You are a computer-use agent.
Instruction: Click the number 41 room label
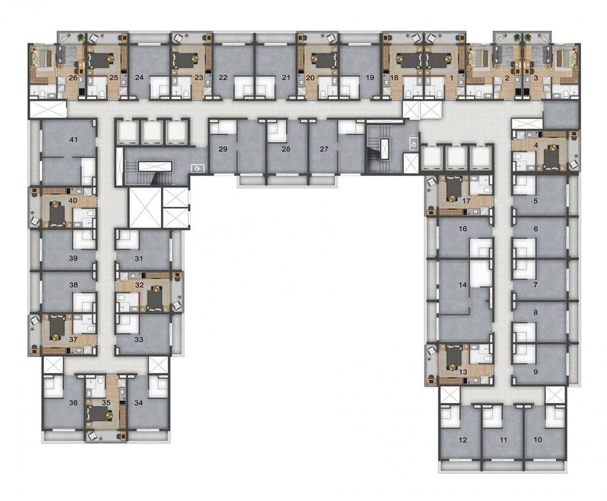click(x=73, y=140)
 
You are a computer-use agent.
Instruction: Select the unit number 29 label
click(x=223, y=149)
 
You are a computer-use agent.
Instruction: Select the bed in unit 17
click(x=453, y=189)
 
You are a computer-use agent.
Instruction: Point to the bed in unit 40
click(x=56, y=214)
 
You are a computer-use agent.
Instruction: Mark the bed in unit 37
click(x=56, y=327)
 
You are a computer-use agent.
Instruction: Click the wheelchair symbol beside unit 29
click(x=197, y=168)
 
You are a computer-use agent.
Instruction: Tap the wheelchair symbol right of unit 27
click(x=412, y=144)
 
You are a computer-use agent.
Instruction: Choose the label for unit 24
click(x=139, y=78)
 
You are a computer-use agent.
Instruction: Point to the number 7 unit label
click(x=535, y=284)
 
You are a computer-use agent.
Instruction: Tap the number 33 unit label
click(x=139, y=340)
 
